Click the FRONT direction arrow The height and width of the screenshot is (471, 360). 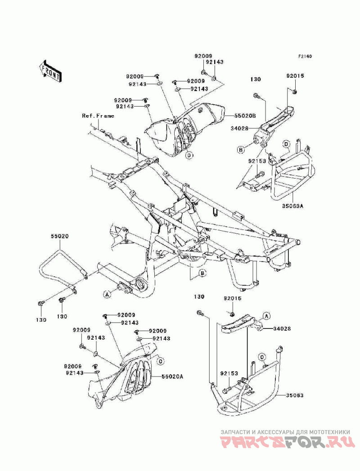(x=50, y=70)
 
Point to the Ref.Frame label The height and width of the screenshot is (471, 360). (x=98, y=116)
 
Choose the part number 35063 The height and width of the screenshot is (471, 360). (x=296, y=396)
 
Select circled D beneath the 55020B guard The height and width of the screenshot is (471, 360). (x=189, y=156)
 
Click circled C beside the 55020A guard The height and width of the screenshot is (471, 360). (x=159, y=360)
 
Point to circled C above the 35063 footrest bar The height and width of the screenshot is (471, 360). (x=261, y=357)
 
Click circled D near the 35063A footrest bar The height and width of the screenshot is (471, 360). (x=286, y=144)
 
